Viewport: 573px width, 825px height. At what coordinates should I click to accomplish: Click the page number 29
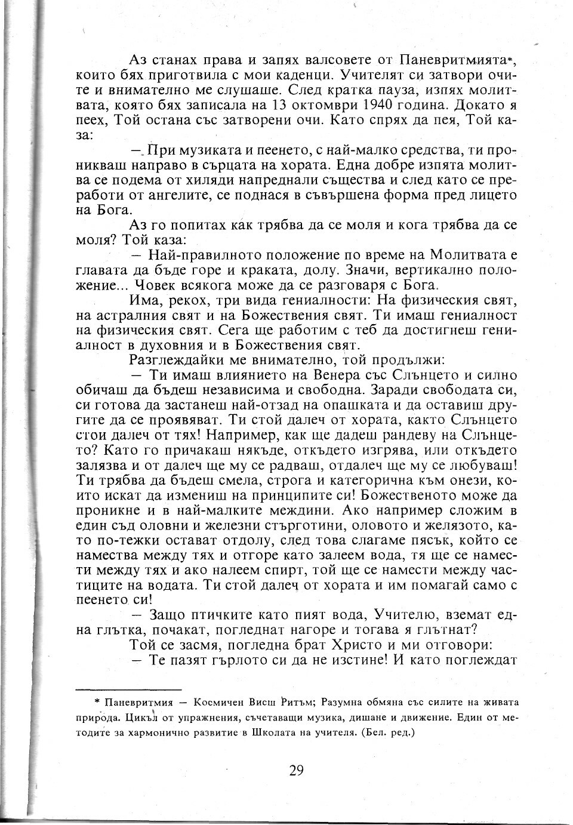[x=296, y=769]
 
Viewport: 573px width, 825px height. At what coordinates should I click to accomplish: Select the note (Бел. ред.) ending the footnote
[x=387, y=731]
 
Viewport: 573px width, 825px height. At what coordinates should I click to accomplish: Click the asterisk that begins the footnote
[x=97, y=702]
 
